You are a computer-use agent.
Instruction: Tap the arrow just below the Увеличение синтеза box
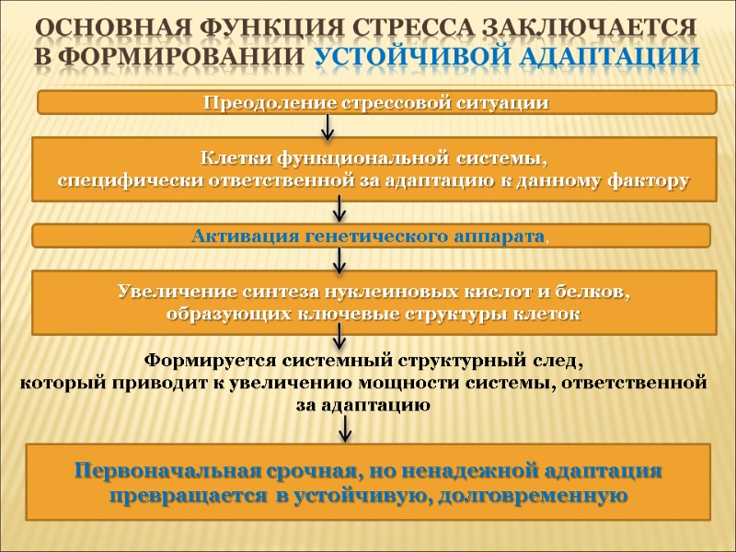coord(339,343)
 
